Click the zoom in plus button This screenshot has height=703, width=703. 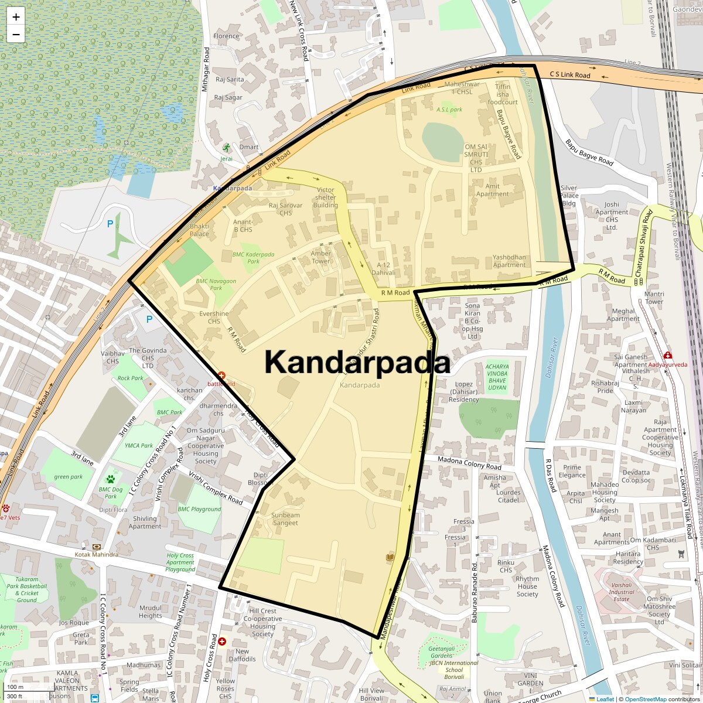pos(16,17)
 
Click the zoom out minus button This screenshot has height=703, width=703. pos(16,34)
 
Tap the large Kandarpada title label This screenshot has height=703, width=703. pos(357,362)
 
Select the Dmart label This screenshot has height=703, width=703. pos(249,147)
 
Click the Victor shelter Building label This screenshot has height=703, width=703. pos(325,197)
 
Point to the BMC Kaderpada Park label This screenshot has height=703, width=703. pos(254,258)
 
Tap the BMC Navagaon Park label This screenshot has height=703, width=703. pos(216,285)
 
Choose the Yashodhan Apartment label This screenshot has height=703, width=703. pos(509,261)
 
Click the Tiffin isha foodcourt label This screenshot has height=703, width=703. pos(503,94)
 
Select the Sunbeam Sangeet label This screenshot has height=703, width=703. pos(285,519)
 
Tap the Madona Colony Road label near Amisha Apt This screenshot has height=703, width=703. pos(469,463)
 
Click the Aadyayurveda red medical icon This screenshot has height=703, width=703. pos(668,355)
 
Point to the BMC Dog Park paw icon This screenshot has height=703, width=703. pos(110,479)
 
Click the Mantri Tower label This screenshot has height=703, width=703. pos(654,298)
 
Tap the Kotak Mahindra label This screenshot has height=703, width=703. pos(96,554)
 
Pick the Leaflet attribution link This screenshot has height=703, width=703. pos(605,699)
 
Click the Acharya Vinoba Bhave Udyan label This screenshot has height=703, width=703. pos(497,377)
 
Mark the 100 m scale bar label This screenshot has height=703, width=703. pos(15,687)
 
